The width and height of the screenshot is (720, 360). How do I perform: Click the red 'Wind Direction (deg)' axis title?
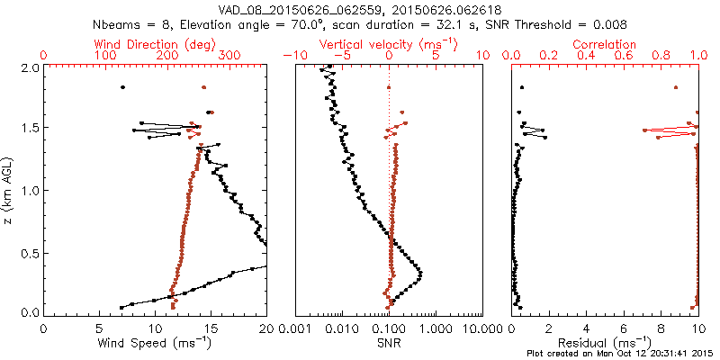[x=155, y=44]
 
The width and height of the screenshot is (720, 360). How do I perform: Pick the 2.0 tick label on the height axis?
[x=29, y=67]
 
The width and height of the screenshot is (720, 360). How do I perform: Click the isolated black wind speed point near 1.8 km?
[x=122, y=87]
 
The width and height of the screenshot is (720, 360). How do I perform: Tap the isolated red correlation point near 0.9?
[x=676, y=87]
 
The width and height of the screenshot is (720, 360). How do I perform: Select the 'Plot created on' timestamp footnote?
[x=621, y=353]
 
